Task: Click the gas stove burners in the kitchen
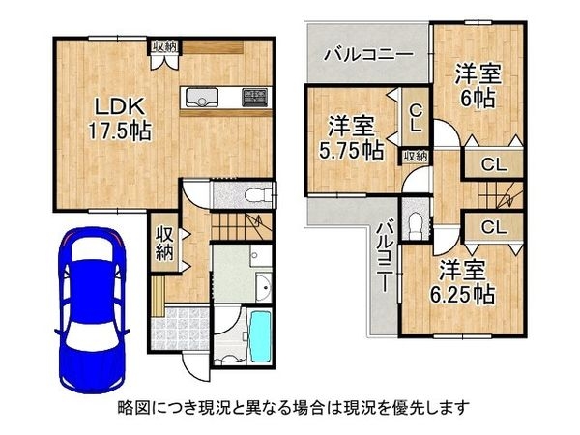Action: (255, 96)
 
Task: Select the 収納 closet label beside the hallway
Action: (163, 243)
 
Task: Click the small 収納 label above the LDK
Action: (163, 46)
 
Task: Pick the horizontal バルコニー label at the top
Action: (368, 53)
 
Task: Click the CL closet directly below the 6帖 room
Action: (493, 165)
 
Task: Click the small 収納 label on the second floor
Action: (416, 155)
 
